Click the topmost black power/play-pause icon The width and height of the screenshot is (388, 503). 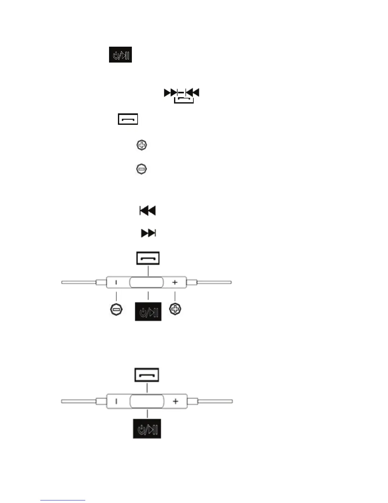click(x=120, y=55)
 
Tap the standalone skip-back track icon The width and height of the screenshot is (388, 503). click(x=148, y=211)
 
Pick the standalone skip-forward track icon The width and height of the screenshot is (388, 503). click(x=148, y=233)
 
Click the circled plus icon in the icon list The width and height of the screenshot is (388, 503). click(x=142, y=145)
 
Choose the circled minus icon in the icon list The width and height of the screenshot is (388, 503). click(x=141, y=169)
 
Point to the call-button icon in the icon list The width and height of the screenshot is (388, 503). click(x=128, y=119)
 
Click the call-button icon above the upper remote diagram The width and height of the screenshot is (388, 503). click(x=148, y=258)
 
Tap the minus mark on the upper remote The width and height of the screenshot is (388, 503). click(x=116, y=282)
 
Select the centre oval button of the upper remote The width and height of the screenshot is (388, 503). click(x=146, y=282)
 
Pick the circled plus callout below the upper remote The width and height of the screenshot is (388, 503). click(x=175, y=309)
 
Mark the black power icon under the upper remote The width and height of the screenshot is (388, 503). click(x=148, y=312)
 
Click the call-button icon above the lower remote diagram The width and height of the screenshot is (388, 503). click(x=147, y=375)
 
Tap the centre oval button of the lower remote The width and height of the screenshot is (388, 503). click(x=147, y=401)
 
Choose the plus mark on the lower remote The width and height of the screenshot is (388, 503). click(x=176, y=401)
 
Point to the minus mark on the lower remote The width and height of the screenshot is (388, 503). click(x=116, y=401)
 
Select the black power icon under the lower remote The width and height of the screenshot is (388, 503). click(x=147, y=429)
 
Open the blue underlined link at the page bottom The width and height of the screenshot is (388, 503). click(x=63, y=500)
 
